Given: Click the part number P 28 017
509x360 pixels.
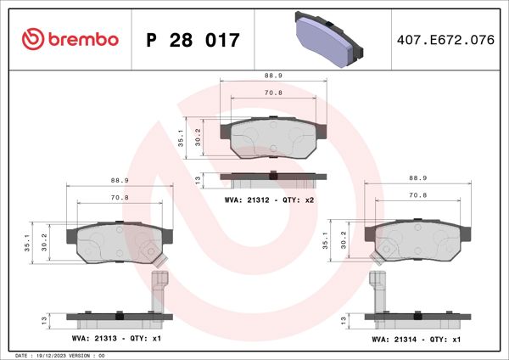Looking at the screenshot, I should [x=193, y=40].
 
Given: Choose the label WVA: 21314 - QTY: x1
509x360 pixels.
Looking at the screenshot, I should [x=416, y=339].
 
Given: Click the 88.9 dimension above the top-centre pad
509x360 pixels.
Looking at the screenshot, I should [x=273, y=75].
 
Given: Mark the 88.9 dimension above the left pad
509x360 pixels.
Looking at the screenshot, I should [x=120, y=180].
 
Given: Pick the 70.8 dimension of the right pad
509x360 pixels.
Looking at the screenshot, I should [x=417, y=194].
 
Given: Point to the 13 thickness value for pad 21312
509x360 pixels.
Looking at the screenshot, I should [x=198, y=178].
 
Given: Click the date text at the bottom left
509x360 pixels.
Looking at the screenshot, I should [x=59, y=354].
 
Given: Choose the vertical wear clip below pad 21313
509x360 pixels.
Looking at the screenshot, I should [x=158, y=291].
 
